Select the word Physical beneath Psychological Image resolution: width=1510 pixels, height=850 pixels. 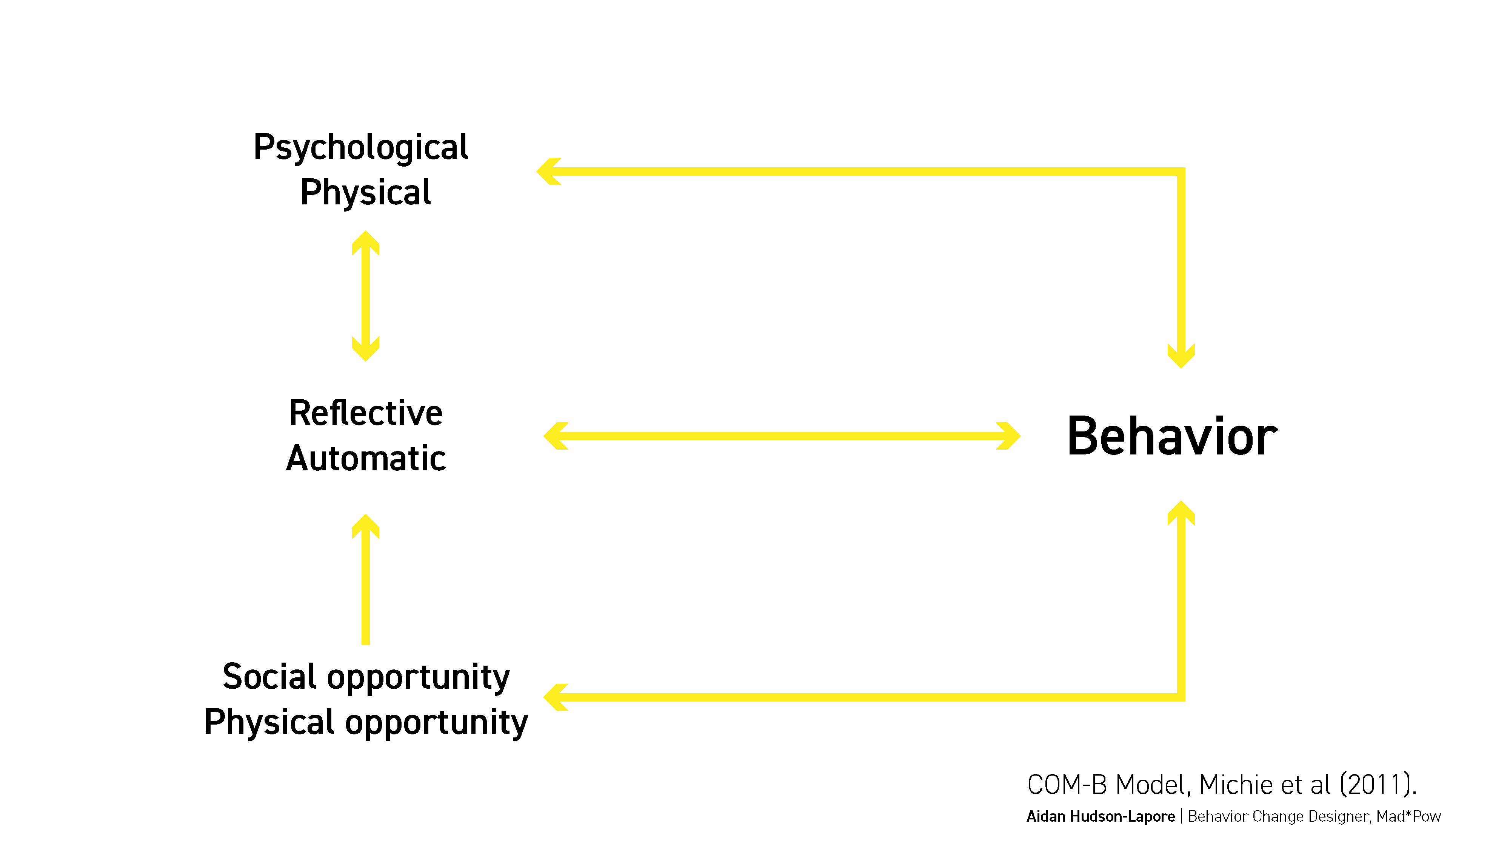(x=366, y=192)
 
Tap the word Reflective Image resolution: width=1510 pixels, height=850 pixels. (x=366, y=413)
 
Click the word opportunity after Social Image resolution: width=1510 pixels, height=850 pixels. (x=419, y=679)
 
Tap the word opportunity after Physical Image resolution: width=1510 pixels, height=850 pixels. (x=436, y=724)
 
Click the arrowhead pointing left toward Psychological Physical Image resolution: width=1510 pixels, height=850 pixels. (x=549, y=171)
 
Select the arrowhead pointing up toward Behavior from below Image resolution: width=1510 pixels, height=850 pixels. (x=1181, y=513)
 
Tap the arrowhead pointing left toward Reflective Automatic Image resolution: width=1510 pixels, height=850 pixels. (x=556, y=436)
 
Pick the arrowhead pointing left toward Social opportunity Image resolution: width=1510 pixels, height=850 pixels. (x=556, y=697)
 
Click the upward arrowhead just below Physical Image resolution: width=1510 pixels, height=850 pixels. (x=366, y=243)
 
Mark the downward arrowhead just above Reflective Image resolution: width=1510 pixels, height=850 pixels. (x=366, y=349)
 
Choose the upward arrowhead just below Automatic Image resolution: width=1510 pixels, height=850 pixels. (x=366, y=526)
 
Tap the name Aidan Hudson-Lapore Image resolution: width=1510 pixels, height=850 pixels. (x=1100, y=816)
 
